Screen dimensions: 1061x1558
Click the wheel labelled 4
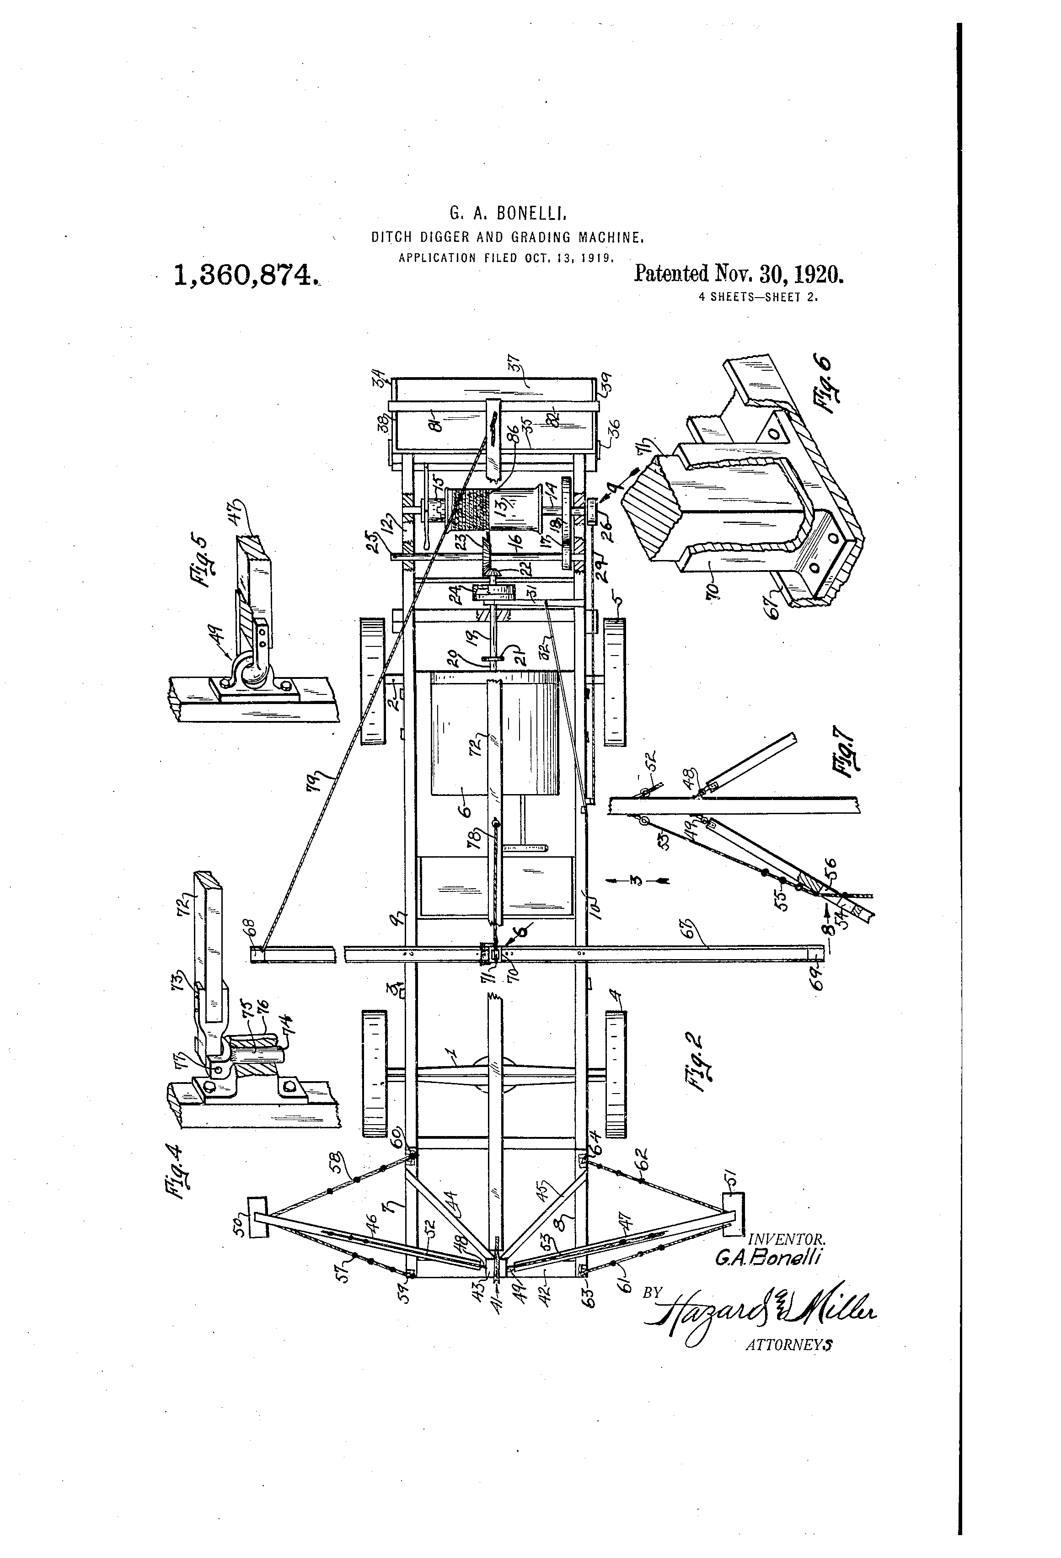(616, 1073)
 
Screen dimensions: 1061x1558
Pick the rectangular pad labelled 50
(257, 1217)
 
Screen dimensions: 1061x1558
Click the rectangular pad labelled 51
(733, 1213)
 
